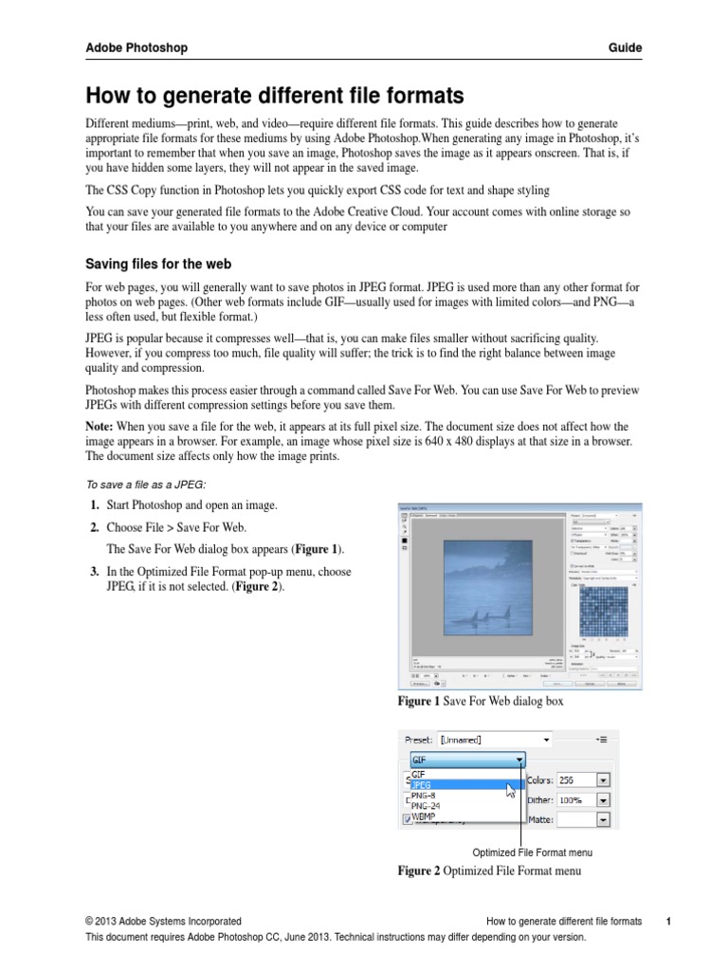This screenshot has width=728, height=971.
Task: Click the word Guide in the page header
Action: pos(626,47)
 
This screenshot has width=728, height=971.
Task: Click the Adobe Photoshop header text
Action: pos(136,47)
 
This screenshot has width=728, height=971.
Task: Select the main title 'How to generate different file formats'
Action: pos(275,96)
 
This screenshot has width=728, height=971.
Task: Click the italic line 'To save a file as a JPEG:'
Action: pos(146,485)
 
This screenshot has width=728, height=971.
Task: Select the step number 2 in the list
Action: pos(95,527)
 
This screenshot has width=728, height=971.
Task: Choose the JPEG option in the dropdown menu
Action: pos(424,785)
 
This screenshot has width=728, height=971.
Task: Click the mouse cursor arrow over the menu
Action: pos(512,791)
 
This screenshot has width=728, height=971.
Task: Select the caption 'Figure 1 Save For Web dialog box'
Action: pos(481,702)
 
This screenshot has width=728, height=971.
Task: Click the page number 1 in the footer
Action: pos(668,921)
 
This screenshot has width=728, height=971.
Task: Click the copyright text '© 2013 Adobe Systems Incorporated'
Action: pos(163,921)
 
